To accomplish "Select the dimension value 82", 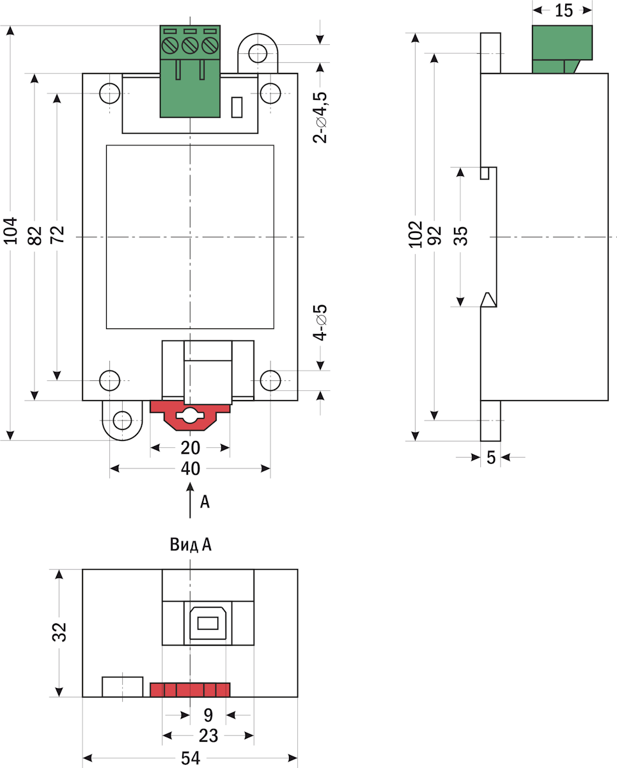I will pyautogui.click(x=35, y=235).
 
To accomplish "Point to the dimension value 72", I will pyautogui.click(x=58, y=235).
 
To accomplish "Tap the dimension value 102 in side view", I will pyautogui.click(x=416, y=234).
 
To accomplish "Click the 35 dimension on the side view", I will pyautogui.click(x=460, y=235).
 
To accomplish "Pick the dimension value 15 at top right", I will pyautogui.click(x=563, y=10).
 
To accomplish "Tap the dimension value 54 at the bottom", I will pyautogui.click(x=191, y=758).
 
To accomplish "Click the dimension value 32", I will pyautogui.click(x=59, y=632).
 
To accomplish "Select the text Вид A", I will pyautogui.click(x=191, y=545).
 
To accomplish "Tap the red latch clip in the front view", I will pyautogui.click(x=190, y=415).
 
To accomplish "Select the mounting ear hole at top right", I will pyautogui.click(x=258, y=52).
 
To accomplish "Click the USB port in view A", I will pyautogui.click(x=208, y=623).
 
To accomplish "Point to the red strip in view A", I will pyautogui.click(x=190, y=689).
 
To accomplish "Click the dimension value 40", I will pyautogui.click(x=191, y=469).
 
